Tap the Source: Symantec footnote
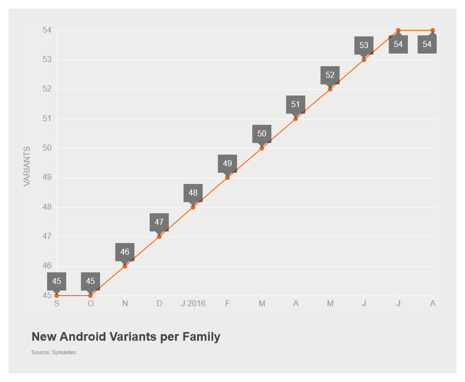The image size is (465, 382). click(x=54, y=352)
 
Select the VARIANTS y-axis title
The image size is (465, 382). click(x=27, y=166)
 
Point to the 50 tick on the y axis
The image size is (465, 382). click(x=47, y=148)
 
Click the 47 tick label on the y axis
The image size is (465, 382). click(x=47, y=236)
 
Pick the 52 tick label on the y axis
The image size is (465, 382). click(x=47, y=89)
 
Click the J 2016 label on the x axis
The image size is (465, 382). click(x=193, y=304)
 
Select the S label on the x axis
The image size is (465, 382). click(x=57, y=304)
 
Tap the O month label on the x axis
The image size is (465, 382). click(x=90, y=304)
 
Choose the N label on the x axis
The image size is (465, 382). click(x=125, y=304)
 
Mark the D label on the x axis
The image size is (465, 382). click(x=159, y=304)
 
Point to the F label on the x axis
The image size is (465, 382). click(x=227, y=304)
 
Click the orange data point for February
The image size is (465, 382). click(x=227, y=178)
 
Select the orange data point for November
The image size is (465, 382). click(x=125, y=266)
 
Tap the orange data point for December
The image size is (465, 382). click(x=159, y=236)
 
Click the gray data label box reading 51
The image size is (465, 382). click(x=296, y=105)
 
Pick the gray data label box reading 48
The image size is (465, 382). click(x=193, y=193)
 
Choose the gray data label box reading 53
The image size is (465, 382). click(x=364, y=45)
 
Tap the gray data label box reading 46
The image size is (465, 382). click(x=125, y=252)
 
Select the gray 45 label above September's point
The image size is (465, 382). click(x=57, y=281)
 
